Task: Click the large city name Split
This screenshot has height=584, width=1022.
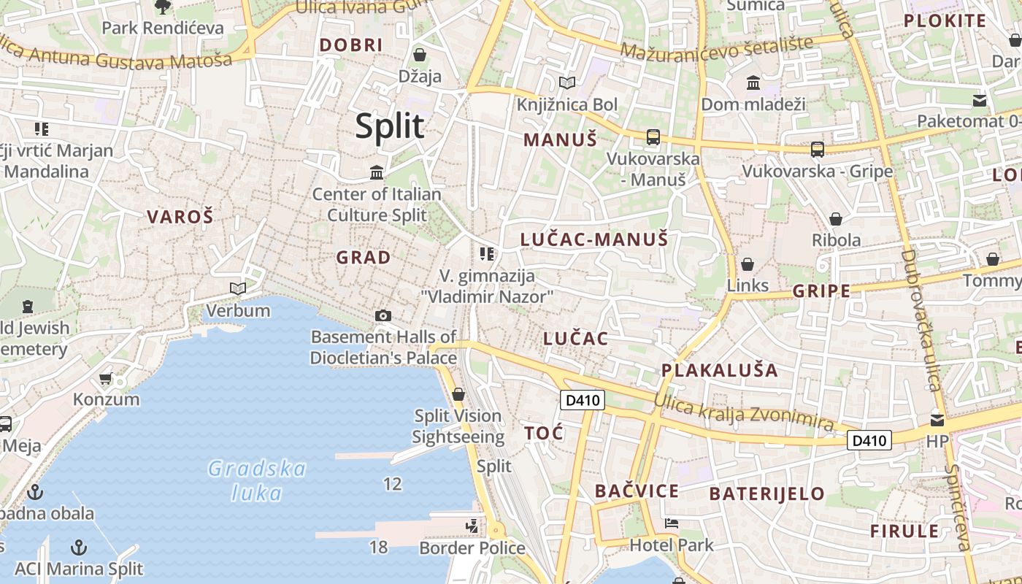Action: point(389,126)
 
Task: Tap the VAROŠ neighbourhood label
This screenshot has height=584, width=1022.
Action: point(180,217)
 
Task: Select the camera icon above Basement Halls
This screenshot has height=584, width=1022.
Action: point(383,315)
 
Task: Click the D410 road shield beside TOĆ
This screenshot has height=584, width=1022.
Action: point(582,400)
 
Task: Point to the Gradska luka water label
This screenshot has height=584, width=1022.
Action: point(256,480)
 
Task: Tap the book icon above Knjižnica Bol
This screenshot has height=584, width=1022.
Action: point(566,83)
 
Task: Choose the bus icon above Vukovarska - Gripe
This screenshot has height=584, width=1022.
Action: point(817,150)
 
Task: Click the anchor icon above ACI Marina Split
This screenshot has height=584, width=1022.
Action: point(79,547)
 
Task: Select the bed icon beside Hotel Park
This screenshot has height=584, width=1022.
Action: point(672,523)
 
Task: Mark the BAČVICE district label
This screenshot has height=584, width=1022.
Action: point(637,491)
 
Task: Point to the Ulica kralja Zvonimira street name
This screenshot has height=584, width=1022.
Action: point(743,411)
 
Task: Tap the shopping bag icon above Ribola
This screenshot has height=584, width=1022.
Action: point(836,219)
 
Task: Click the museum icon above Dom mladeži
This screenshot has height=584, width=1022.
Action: point(753,83)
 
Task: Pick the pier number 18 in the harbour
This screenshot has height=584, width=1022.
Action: point(378,547)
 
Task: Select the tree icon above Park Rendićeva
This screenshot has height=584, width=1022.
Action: point(162,7)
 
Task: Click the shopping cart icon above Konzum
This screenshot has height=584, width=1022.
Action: point(106,378)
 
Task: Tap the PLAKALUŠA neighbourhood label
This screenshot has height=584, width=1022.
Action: point(719,370)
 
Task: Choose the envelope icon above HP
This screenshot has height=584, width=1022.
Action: point(937,420)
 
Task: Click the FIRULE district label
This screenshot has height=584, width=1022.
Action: point(904,531)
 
